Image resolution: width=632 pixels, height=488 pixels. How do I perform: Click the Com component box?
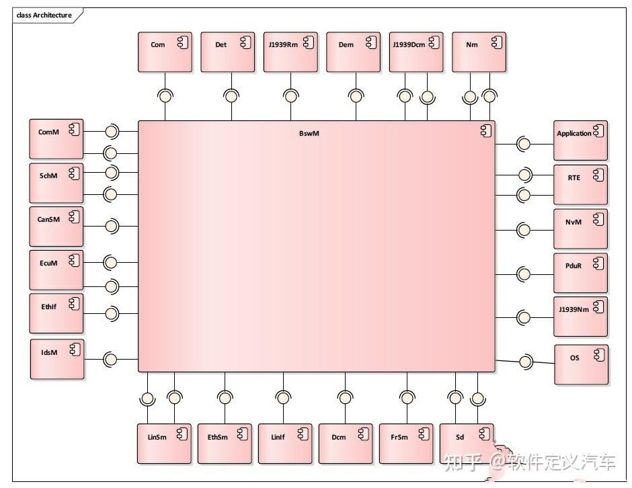(x=165, y=52)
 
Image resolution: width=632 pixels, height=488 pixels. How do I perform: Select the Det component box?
(x=228, y=52)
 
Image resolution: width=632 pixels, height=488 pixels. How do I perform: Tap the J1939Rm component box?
(x=290, y=52)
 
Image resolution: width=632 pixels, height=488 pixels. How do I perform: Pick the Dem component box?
(x=353, y=52)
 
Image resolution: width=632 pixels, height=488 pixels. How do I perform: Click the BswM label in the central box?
(x=309, y=133)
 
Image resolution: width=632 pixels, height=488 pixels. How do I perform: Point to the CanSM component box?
(x=56, y=227)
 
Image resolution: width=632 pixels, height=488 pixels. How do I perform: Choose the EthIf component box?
(x=56, y=313)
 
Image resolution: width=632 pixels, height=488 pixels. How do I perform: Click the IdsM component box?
(x=57, y=359)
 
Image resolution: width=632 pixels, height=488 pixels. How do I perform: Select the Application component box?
(x=580, y=140)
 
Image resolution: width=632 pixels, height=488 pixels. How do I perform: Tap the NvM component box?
(x=580, y=229)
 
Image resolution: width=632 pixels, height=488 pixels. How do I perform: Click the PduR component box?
(x=580, y=273)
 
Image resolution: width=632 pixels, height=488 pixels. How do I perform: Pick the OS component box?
(x=581, y=364)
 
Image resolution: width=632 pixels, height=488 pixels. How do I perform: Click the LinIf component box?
(x=285, y=444)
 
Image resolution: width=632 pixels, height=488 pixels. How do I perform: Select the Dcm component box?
(x=346, y=444)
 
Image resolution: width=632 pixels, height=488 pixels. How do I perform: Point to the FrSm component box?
(x=406, y=444)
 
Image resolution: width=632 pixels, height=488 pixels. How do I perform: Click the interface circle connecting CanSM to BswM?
(x=112, y=226)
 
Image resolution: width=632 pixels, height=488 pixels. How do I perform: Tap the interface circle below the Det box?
(x=231, y=96)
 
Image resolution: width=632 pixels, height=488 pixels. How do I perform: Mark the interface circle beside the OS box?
(x=525, y=362)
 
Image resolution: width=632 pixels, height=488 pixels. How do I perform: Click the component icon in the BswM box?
(x=485, y=130)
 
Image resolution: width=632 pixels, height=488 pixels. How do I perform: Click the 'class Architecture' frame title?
(x=44, y=15)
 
